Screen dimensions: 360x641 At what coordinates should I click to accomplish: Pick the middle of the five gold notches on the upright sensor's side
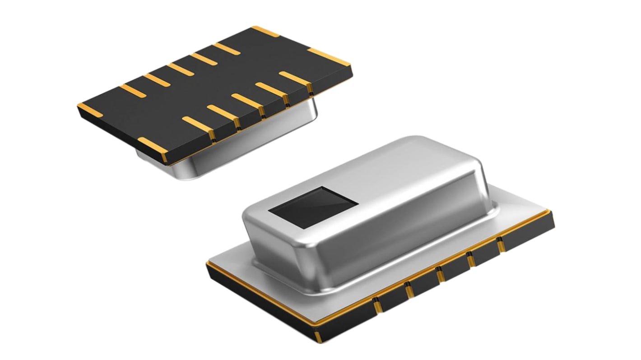tap(440, 275)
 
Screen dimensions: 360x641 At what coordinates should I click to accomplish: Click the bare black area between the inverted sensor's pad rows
tap(212, 86)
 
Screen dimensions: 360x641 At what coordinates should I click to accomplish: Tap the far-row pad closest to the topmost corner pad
tap(227, 48)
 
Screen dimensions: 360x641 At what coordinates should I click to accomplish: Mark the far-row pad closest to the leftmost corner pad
tap(133, 91)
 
